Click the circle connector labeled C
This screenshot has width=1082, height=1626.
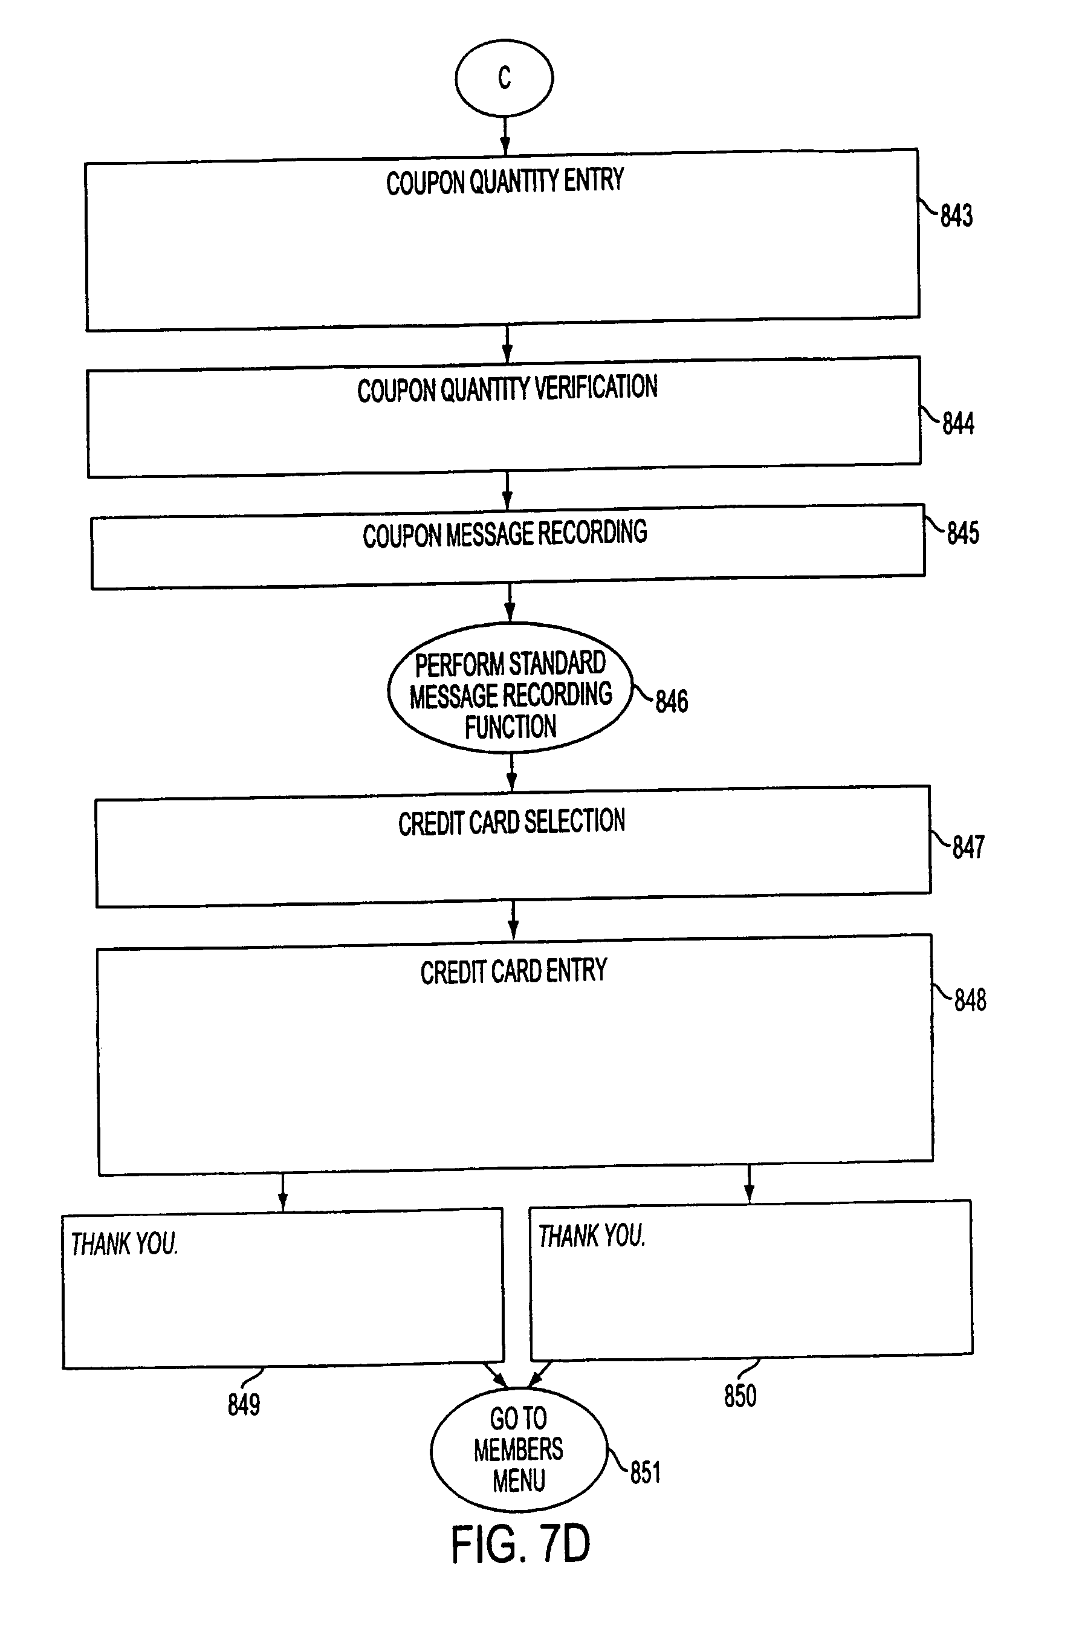504,78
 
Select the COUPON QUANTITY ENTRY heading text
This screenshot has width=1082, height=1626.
504,182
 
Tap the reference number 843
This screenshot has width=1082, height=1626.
956,216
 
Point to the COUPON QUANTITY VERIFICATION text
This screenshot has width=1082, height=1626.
507,389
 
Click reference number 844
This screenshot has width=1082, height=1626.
958,424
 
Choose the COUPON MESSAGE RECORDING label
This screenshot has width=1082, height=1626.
504,534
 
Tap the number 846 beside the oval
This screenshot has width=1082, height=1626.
672,702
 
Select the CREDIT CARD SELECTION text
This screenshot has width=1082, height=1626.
511,822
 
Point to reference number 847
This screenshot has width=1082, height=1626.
968,847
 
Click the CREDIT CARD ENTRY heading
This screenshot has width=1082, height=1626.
513,971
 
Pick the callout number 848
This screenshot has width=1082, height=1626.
970,1000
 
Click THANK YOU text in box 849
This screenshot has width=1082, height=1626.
124,1244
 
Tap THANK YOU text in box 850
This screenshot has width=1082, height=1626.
591,1236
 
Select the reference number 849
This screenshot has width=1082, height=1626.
244,1405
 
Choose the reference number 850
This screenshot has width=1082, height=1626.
740,1396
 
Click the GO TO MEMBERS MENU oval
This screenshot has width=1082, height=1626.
518,1449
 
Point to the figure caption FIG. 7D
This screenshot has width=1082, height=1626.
520,1544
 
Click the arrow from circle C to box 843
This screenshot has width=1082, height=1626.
504,135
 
